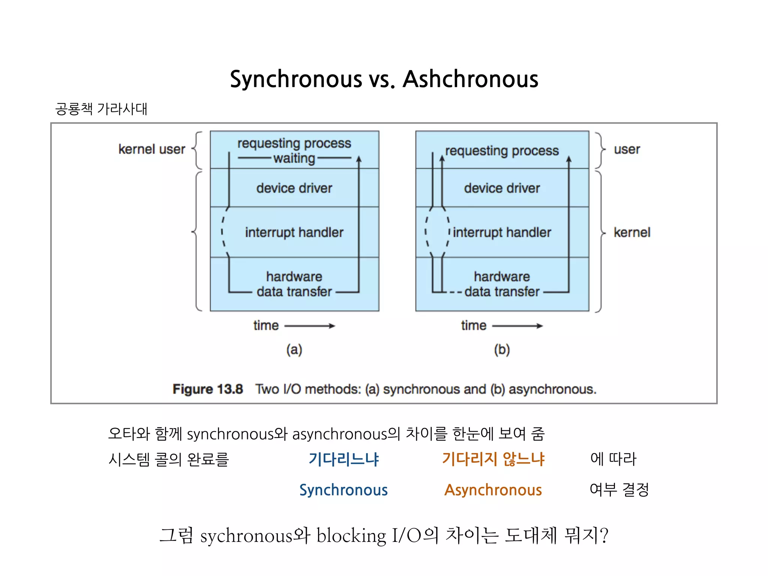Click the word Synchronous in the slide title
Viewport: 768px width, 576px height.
coord(296,79)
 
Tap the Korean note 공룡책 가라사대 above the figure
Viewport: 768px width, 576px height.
coord(101,109)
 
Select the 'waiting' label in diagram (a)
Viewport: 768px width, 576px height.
coord(294,158)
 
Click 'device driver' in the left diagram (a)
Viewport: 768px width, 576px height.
coord(294,188)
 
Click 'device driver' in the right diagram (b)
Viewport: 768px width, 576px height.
coord(502,188)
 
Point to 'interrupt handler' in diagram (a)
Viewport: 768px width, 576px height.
coord(294,232)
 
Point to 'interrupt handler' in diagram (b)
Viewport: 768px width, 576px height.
coord(502,232)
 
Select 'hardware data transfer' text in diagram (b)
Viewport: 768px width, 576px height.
coord(502,284)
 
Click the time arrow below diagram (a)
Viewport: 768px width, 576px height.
coord(309,326)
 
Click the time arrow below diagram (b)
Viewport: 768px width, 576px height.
coord(517,326)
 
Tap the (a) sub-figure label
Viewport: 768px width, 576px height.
coord(294,349)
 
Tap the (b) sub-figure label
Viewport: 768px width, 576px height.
coord(502,349)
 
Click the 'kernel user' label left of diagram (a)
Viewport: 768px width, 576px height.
coord(151,149)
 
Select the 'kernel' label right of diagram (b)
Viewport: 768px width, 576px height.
coord(631,232)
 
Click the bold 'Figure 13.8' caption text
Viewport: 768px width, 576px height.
coord(208,389)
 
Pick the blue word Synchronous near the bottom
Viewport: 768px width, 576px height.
coord(343,490)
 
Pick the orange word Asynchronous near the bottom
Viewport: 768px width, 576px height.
coord(493,490)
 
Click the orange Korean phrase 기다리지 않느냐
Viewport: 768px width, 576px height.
coord(493,459)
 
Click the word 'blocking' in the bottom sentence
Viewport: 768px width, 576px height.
coord(351,535)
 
